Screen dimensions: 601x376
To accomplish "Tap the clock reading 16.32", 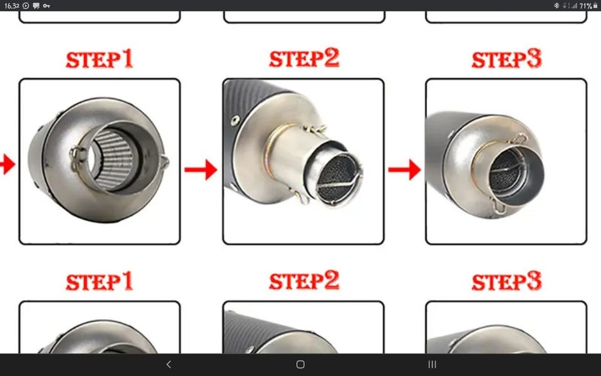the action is [x=11, y=6].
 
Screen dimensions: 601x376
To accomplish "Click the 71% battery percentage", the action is [x=586, y=6].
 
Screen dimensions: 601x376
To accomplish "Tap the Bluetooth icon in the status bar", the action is [x=556, y=6].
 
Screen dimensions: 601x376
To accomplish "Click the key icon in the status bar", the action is [x=46, y=6].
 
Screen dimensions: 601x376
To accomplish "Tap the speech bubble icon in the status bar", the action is [x=36, y=6].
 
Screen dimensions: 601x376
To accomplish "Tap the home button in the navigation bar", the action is [x=300, y=365].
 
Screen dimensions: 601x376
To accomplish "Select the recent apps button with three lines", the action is [x=433, y=365].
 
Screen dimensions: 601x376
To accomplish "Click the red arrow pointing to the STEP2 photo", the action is [x=200, y=170].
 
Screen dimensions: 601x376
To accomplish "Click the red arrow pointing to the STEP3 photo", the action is [x=404, y=170].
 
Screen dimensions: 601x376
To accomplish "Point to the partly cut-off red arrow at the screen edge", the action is [x=8, y=164].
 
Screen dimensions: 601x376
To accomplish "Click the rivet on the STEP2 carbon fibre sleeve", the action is [x=235, y=120].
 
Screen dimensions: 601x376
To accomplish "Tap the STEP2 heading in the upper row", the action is [x=304, y=58].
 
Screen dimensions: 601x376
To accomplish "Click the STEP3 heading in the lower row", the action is [x=506, y=281].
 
